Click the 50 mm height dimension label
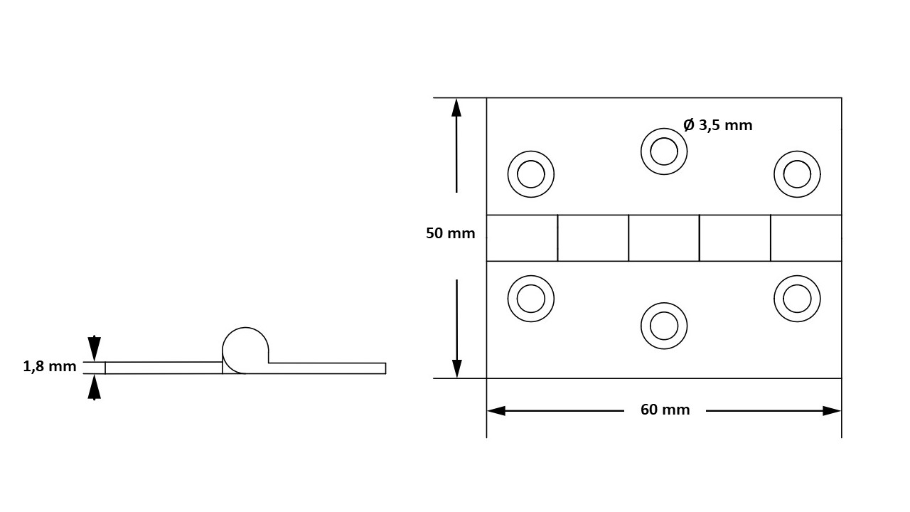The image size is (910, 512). coord(450,233)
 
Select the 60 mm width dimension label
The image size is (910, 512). coord(665,410)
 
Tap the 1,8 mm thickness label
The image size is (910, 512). coord(50,366)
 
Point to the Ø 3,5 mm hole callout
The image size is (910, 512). coord(718,125)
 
